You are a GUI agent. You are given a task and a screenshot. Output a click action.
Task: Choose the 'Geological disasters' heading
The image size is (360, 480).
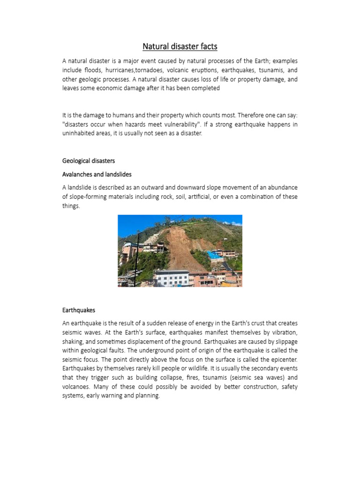coord(89,161)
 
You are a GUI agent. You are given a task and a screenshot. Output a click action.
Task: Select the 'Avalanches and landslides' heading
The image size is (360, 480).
coord(97,174)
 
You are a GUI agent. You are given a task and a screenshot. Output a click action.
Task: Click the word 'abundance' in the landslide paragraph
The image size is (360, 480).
coord(282,187)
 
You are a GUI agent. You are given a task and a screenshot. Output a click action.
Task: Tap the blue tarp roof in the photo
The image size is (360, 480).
coord(215,255)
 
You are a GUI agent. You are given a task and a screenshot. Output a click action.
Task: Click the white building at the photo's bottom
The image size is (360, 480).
coord(171,278)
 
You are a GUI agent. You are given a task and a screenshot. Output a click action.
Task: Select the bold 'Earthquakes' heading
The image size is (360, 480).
coord(79,310)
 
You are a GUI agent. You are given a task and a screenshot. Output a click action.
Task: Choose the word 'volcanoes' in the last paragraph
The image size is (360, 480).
coord(76,387)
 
